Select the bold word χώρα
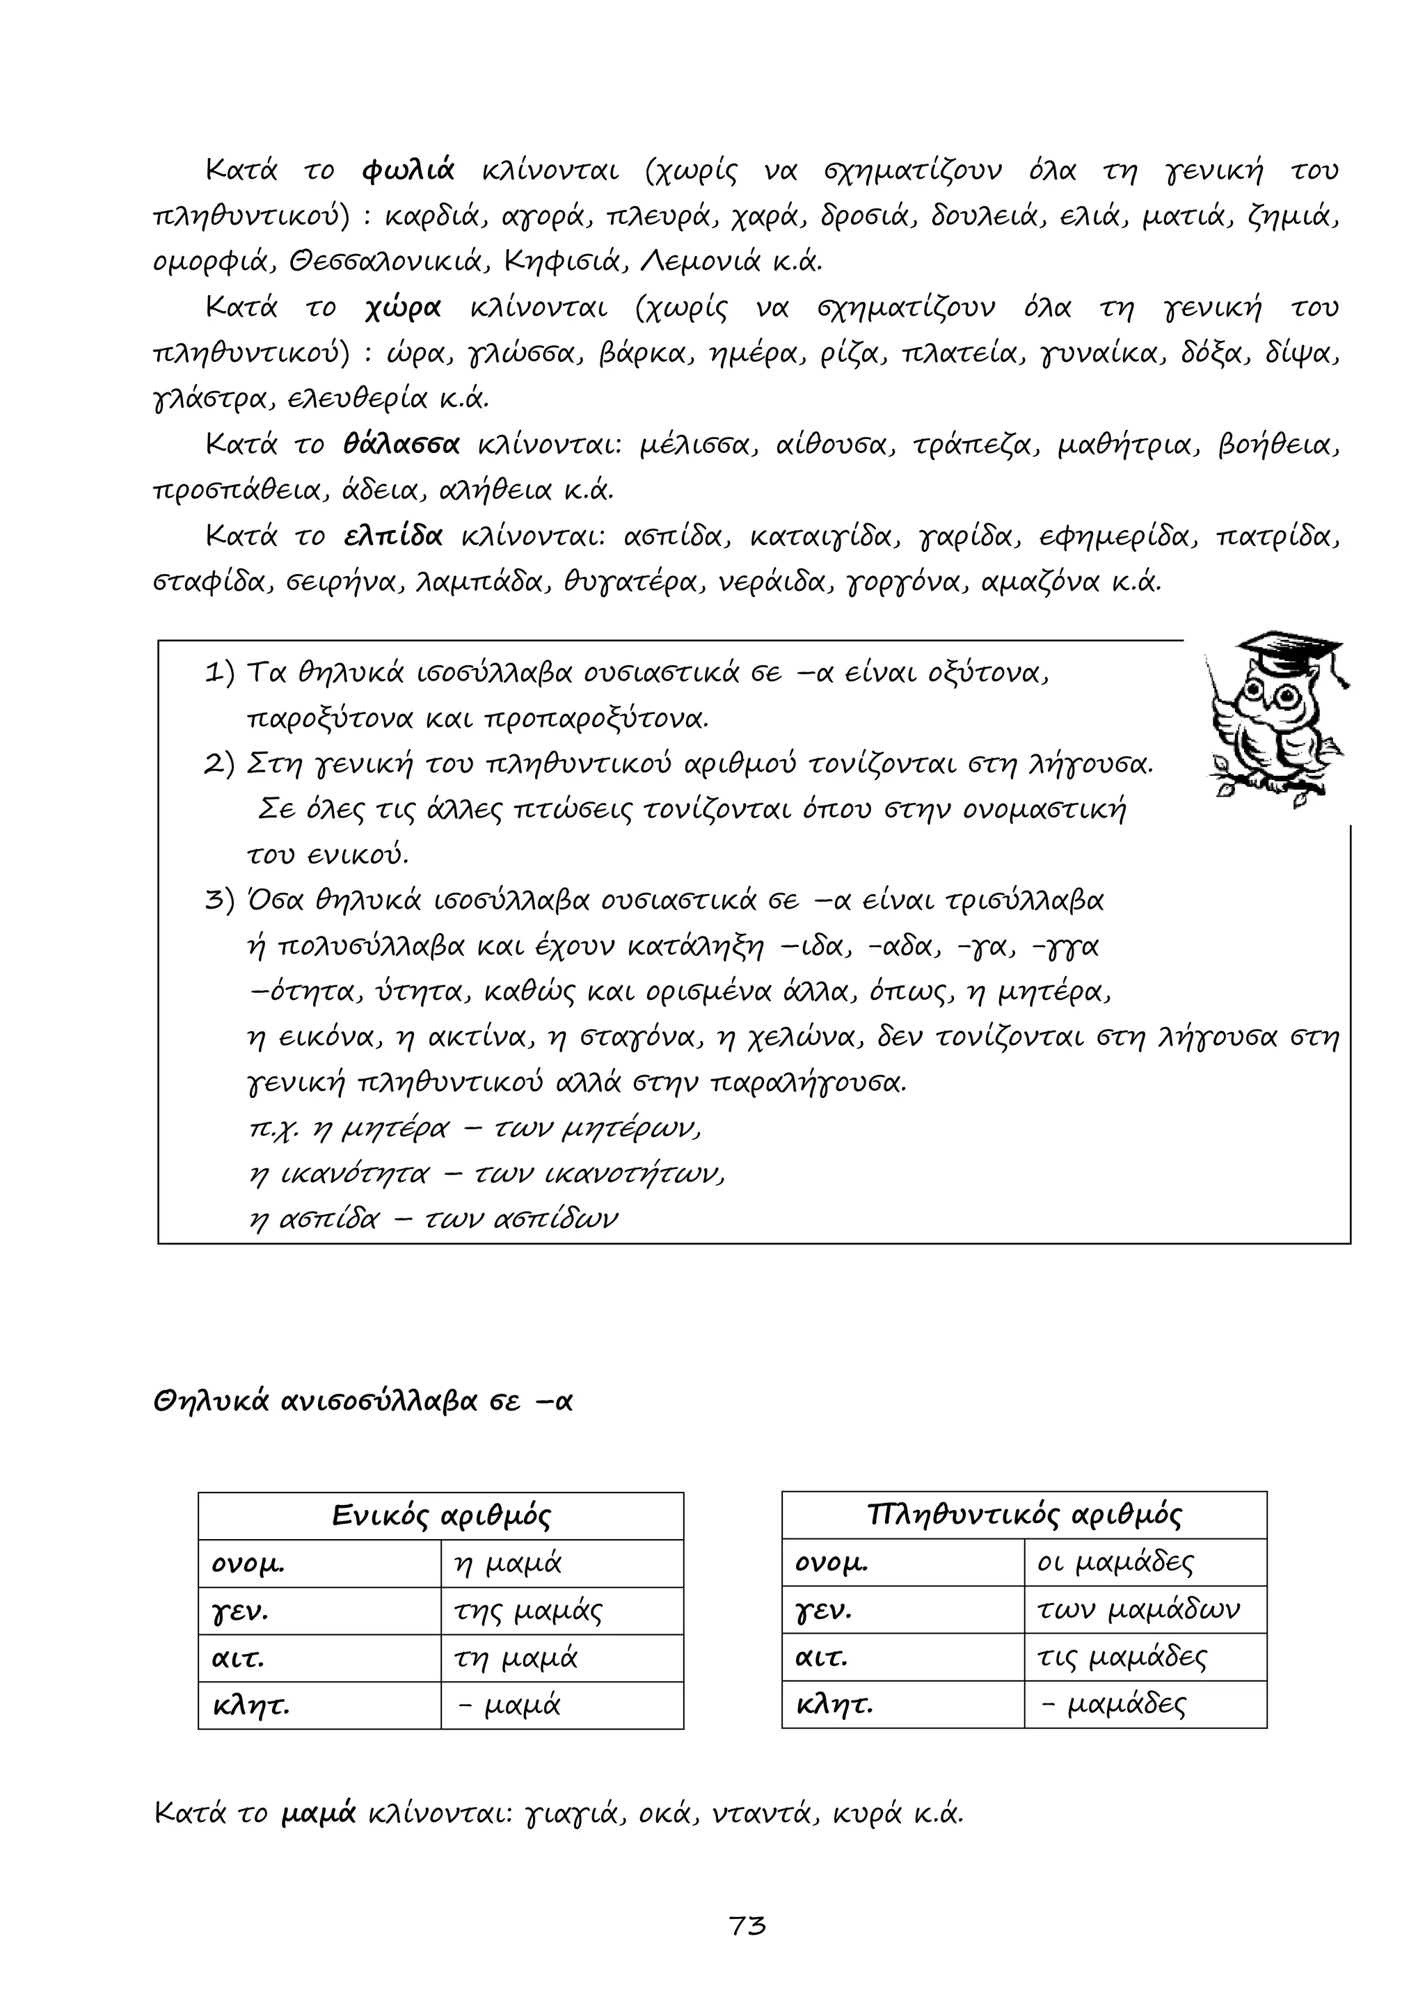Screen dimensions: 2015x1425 (403, 308)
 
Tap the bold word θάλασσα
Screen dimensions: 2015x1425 (402, 445)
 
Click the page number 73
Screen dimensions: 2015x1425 (747, 1925)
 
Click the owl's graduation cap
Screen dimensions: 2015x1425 (1291, 654)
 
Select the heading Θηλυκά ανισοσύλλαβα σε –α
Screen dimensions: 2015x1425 (363, 1401)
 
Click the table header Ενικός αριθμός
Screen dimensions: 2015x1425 (440, 1515)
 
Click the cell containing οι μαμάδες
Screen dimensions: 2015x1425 (1115, 1562)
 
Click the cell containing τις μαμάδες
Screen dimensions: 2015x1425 (1122, 1658)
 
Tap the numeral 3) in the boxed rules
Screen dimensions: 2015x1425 (219, 900)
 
